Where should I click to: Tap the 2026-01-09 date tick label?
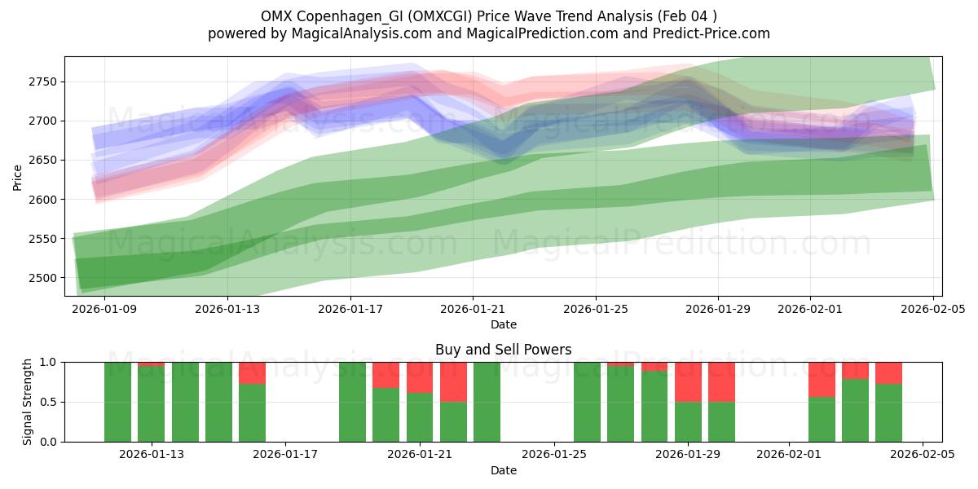104,309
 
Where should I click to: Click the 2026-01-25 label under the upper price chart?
595,309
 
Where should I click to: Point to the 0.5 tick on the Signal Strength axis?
49,402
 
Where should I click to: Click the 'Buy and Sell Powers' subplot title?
503,350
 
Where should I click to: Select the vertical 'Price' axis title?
18,176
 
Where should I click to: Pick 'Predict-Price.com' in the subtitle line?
716,33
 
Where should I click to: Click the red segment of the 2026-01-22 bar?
453,381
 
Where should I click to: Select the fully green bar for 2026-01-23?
487,402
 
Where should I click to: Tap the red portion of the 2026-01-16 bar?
252,372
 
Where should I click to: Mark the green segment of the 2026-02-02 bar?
822,419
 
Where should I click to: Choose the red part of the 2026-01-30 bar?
721,381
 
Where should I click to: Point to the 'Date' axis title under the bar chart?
503,470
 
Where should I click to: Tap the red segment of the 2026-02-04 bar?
888,372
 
